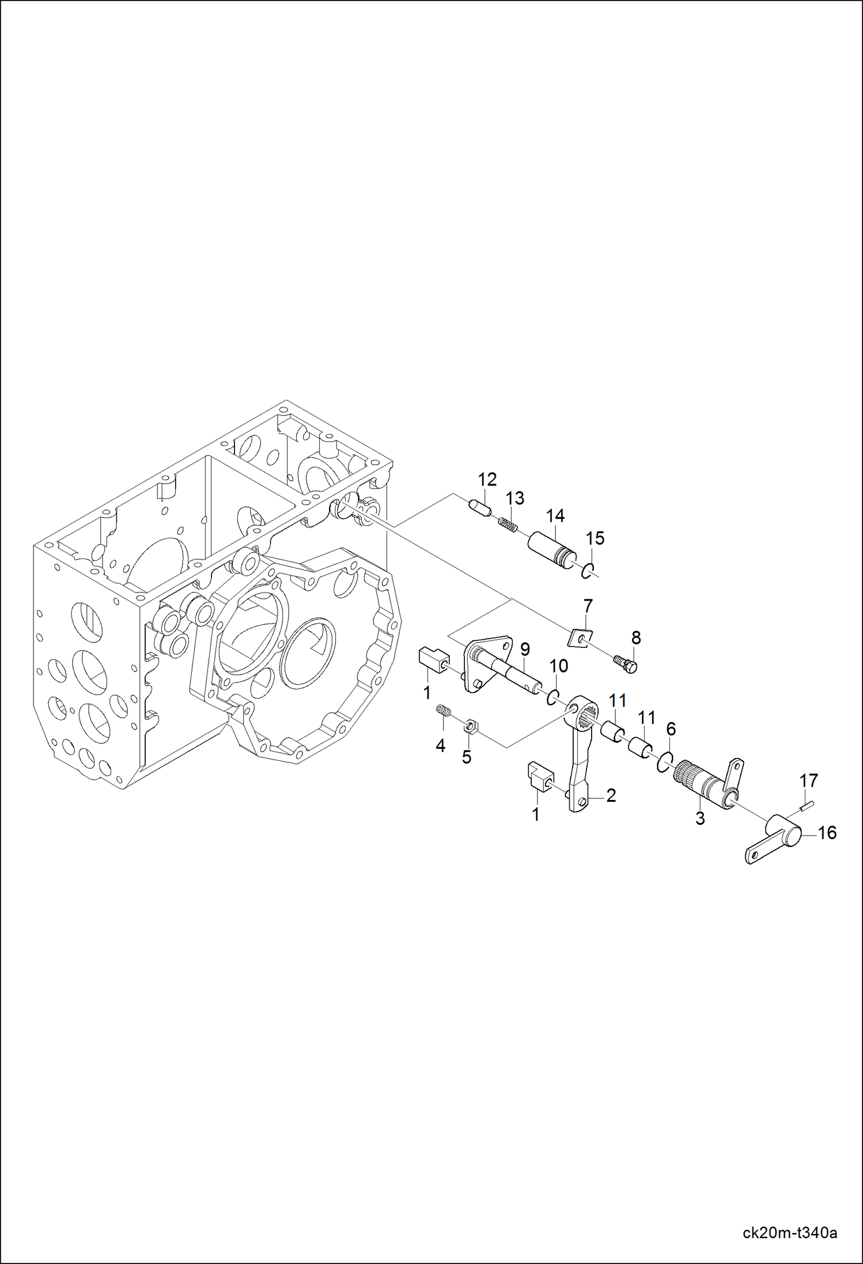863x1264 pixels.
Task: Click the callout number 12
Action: (487, 480)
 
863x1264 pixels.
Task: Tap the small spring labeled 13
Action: (508, 525)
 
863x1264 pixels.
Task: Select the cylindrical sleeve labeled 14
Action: (551, 551)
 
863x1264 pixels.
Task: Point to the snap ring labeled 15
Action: (586, 571)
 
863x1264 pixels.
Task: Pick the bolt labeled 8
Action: (626, 664)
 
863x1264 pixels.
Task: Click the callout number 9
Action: (525, 650)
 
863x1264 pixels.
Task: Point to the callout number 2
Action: (611, 796)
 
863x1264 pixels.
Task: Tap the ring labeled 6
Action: (664, 763)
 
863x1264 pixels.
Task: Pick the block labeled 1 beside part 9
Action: (433, 660)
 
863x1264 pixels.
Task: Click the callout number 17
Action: (809, 781)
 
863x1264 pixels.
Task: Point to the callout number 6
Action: (671, 729)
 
